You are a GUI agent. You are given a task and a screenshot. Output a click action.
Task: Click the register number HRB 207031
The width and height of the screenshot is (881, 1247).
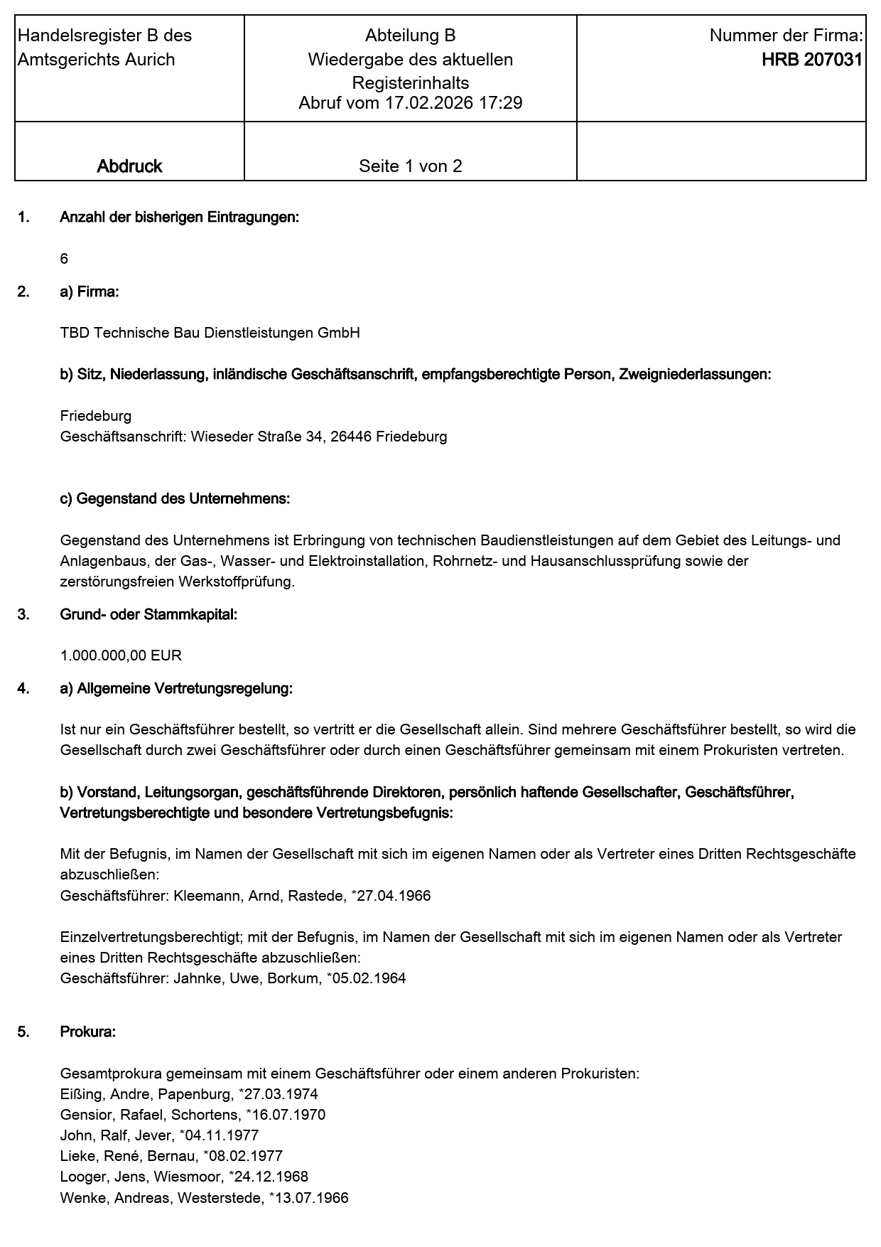(811, 60)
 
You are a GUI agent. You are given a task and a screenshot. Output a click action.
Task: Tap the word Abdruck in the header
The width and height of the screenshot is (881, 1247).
(129, 166)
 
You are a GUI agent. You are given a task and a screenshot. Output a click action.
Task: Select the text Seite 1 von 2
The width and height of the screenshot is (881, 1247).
(410, 166)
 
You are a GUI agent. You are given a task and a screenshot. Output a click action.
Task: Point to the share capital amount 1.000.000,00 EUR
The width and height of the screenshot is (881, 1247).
(121, 655)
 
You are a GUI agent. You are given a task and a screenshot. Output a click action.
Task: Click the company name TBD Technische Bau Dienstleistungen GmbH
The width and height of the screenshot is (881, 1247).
(210, 333)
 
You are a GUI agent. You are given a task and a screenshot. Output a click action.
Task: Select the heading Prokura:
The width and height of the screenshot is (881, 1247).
(87, 1032)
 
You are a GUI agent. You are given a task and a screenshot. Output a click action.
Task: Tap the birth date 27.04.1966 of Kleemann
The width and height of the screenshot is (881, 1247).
(393, 896)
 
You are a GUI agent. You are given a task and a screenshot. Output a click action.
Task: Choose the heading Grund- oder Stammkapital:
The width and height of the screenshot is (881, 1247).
(148, 614)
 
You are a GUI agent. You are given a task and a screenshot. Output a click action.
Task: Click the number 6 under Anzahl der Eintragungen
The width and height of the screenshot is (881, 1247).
(64, 259)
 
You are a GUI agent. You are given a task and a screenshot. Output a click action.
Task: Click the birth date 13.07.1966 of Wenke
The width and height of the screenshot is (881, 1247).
(311, 1198)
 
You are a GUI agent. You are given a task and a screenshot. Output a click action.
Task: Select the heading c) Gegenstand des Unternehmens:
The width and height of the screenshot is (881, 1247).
(175, 499)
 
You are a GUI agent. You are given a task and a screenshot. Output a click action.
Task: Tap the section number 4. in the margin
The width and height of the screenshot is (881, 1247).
(23, 688)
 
